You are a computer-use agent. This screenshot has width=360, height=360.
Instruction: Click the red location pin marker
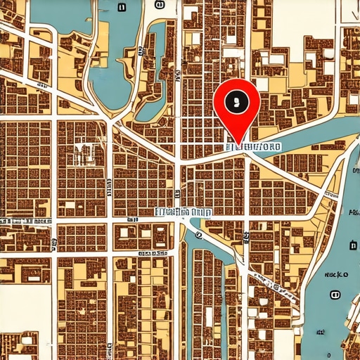pos(236,105)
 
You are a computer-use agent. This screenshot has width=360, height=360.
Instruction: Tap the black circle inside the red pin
pos(236,101)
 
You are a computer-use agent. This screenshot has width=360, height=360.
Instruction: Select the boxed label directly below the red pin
pos(253,147)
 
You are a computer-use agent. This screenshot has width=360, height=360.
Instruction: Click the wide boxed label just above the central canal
pos(183,211)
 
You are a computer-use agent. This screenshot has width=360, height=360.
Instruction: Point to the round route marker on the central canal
pos(199,236)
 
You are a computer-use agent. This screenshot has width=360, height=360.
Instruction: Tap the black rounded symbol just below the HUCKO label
pos(335,293)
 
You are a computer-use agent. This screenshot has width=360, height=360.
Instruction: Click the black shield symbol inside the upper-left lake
pos(121,8)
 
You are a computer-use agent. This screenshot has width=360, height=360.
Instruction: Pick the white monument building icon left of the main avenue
pos(85,153)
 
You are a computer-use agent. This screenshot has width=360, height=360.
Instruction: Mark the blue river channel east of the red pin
pos(309,141)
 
